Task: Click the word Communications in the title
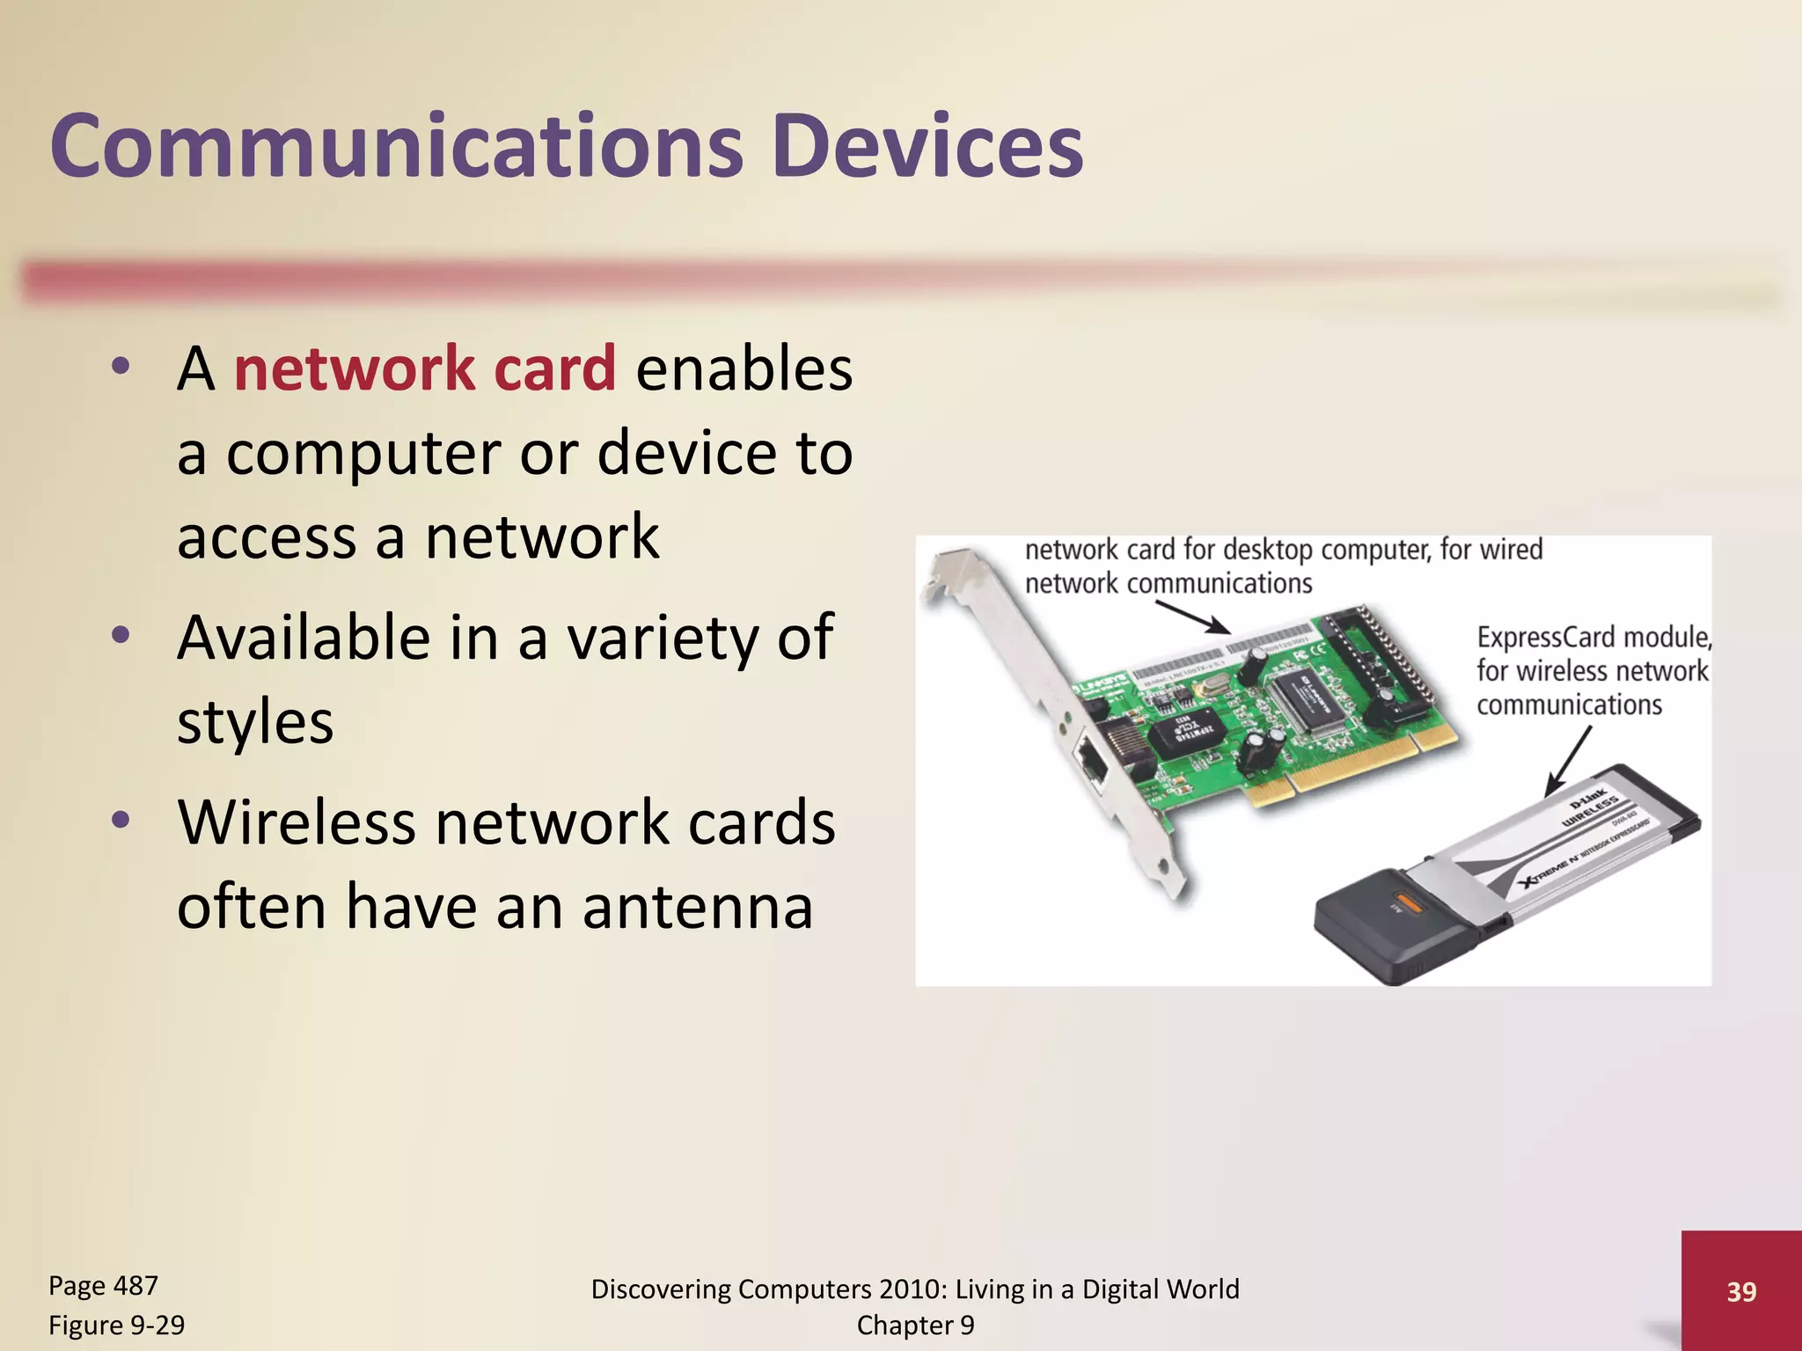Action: click(396, 146)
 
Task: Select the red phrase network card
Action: click(425, 369)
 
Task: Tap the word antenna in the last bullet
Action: click(698, 907)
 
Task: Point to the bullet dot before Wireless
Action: click(121, 821)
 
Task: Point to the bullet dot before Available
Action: click(121, 635)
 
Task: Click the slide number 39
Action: click(1741, 1291)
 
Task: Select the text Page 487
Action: click(103, 1286)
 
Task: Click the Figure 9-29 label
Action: click(116, 1325)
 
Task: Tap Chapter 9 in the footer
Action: click(915, 1325)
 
